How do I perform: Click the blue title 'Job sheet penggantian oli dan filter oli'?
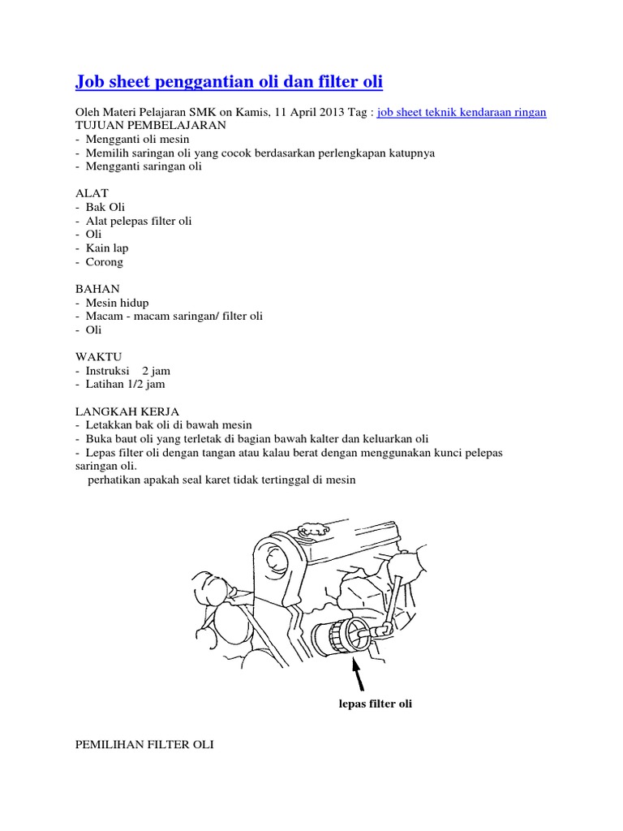click(x=229, y=82)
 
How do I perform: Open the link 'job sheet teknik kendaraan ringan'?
click(x=462, y=113)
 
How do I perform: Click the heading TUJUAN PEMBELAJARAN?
click(x=151, y=127)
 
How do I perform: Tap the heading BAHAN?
click(x=97, y=289)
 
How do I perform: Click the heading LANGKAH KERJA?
click(x=127, y=411)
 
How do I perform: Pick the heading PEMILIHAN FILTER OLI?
click(x=144, y=743)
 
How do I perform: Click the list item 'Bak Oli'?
click(x=105, y=207)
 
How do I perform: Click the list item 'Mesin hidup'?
click(x=117, y=303)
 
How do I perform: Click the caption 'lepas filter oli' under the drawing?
click(x=376, y=704)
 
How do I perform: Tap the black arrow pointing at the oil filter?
click(x=357, y=672)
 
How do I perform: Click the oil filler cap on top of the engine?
click(x=311, y=532)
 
